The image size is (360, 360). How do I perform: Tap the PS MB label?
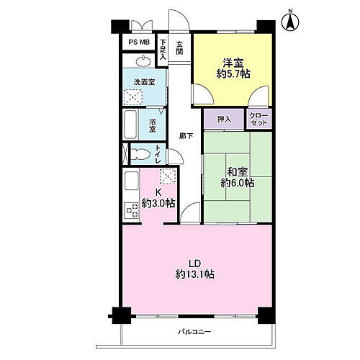click(x=139, y=42)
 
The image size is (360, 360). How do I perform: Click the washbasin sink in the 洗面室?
click(x=143, y=61)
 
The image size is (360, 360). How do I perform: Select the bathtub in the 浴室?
click(x=130, y=125)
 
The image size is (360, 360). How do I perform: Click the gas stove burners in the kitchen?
click(x=132, y=210)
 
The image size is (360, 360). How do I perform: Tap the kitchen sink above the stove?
click(x=131, y=181)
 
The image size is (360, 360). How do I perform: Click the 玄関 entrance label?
click(x=179, y=48)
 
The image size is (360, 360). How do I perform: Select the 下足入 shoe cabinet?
click(x=163, y=50)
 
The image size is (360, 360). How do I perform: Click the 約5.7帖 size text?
click(x=233, y=74)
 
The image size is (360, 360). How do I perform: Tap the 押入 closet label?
click(x=224, y=119)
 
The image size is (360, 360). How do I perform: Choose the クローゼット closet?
click(x=259, y=119)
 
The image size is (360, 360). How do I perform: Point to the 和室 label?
click(x=237, y=171)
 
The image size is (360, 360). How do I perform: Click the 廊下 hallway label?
click(x=186, y=136)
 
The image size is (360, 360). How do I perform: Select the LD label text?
click(x=194, y=264)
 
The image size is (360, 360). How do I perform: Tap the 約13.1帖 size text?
click(x=195, y=274)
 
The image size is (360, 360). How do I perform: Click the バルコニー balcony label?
click(x=194, y=332)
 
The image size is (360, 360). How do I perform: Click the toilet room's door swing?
click(x=176, y=157)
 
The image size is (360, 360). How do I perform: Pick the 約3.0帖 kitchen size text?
click(x=158, y=204)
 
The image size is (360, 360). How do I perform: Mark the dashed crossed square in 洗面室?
click(x=133, y=97)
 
